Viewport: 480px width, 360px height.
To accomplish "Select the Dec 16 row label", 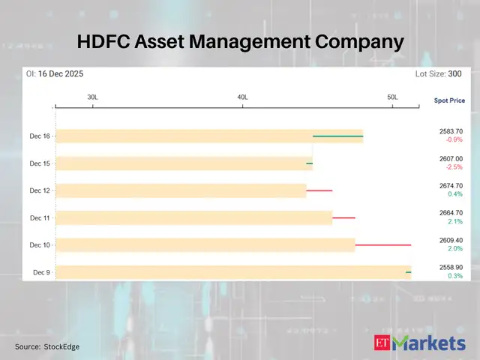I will click(40, 136).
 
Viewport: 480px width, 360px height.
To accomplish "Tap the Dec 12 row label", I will click(40, 190).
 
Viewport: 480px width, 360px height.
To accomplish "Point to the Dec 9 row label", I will click(41, 272).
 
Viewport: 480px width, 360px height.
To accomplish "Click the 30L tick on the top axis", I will click(92, 97).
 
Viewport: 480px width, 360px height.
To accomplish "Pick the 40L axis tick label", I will click(242, 97).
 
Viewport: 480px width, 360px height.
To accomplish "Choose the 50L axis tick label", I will click(392, 97).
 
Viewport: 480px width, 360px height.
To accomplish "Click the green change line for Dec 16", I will click(337, 136).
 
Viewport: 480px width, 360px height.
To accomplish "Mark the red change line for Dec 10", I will click(382, 244).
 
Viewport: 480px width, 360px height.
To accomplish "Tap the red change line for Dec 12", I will click(319, 190).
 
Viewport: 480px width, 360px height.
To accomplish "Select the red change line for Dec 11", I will click(343, 217).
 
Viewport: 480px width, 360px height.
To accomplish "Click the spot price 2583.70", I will click(451, 131).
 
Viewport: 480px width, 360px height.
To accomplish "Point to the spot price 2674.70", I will click(451, 185).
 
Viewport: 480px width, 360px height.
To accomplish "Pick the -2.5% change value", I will click(453, 167).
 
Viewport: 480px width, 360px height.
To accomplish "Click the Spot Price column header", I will click(449, 100).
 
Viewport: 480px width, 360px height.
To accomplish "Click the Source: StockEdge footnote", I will click(47, 346).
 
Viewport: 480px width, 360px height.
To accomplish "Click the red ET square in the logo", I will click(382, 343).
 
